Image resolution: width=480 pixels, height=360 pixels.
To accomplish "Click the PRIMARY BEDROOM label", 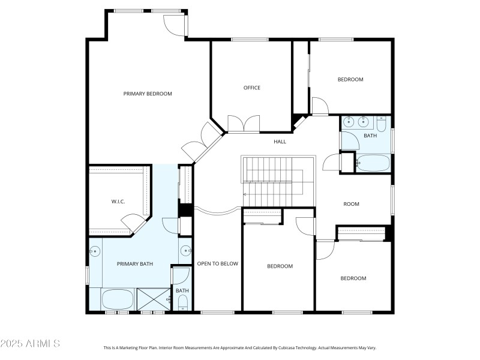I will (148, 94).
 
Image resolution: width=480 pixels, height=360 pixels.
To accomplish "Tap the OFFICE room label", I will (251, 88).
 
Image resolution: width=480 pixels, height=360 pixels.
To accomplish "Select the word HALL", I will (280, 142).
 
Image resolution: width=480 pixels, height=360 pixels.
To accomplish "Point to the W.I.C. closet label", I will (118, 201).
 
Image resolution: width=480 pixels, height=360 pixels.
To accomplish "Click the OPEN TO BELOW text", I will (217, 263).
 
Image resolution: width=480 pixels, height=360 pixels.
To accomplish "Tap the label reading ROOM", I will (351, 204).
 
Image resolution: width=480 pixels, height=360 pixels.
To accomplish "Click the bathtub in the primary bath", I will (118, 299).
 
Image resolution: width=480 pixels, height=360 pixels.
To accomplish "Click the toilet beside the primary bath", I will (182, 302).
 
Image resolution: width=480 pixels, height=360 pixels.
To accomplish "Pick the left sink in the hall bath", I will (349, 122).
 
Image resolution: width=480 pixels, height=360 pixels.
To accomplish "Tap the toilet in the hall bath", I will (382, 124).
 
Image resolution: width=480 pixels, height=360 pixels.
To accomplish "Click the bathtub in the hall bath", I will (372, 163).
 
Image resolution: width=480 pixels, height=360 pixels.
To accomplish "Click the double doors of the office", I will (244, 124).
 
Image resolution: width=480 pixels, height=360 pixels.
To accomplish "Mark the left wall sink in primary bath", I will (94, 251).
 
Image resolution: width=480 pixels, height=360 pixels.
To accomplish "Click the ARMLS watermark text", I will (30, 344).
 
